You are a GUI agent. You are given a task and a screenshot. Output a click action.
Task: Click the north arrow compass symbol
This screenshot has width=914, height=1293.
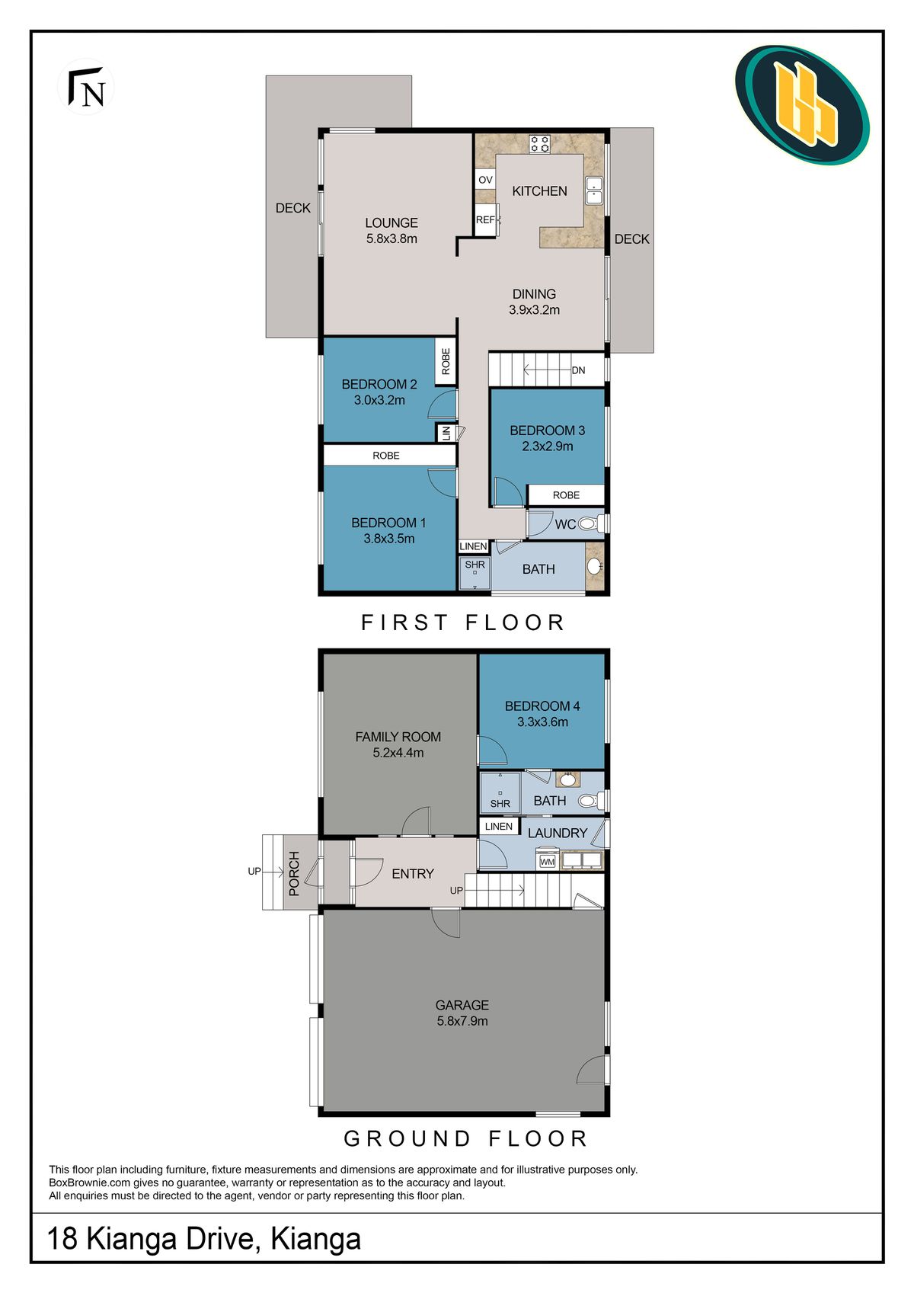[x=86, y=88]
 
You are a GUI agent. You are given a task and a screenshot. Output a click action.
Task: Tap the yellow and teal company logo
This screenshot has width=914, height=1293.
[x=802, y=104]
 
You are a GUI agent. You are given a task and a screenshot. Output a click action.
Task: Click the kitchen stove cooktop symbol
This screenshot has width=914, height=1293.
[x=540, y=143]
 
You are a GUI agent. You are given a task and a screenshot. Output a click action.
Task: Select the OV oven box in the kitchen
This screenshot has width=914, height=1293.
[x=485, y=180]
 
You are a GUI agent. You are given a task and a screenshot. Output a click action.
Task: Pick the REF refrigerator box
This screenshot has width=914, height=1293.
[x=485, y=220]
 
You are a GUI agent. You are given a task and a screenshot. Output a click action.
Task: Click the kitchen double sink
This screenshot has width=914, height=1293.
[x=594, y=190]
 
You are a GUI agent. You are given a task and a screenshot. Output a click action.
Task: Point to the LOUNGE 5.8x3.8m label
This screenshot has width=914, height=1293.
[x=391, y=230]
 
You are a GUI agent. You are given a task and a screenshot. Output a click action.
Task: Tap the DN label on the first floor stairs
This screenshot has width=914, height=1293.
[x=578, y=370]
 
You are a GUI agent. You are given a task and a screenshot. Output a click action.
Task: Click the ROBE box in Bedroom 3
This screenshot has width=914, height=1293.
[x=566, y=495]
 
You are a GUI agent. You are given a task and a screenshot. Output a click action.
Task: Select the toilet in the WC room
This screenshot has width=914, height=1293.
[x=589, y=524]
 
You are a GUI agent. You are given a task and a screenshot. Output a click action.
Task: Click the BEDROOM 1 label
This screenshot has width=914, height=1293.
[x=388, y=530]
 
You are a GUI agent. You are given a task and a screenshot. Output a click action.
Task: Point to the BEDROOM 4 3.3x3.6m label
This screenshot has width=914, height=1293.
[x=542, y=714]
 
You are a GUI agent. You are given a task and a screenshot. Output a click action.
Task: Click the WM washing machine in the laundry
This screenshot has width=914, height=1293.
[x=547, y=862]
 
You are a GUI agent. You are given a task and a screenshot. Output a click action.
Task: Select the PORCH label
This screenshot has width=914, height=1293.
[x=295, y=873]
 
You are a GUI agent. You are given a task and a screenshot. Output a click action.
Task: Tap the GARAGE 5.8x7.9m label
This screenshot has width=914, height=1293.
[x=462, y=1013]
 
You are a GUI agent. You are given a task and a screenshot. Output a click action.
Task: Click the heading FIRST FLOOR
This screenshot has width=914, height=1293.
[x=462, y=622]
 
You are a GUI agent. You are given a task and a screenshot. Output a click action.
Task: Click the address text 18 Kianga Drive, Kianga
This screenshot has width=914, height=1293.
[x=204, y=1239]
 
